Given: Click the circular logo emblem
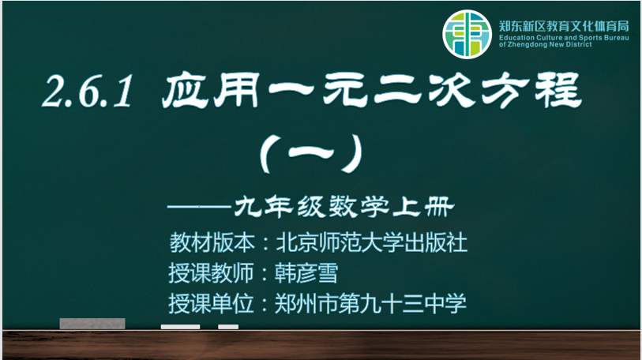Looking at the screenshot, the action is pos(467,35).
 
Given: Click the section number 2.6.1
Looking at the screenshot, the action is pos(88,92).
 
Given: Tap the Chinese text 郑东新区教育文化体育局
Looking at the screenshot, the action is pos(564,27).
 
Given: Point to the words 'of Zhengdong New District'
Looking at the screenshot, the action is pos(545,45).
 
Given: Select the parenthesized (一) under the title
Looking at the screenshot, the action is pos(312,153).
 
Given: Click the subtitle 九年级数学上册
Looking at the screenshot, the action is pos(344,206).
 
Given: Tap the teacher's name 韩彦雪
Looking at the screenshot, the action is pos(306,273).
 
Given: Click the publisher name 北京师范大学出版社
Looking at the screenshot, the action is pos(371,243).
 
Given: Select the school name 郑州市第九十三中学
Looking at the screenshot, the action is pos(370,303).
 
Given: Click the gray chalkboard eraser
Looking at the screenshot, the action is pos(92,324).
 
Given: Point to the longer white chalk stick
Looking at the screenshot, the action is pos(181,327).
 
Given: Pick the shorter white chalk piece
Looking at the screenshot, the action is pos(228,327).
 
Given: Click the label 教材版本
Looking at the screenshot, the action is pos(212,243).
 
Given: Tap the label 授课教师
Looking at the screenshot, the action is pos(212,273).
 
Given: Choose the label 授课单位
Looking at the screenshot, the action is pos(212,303).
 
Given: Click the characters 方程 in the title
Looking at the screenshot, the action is pos(531,90).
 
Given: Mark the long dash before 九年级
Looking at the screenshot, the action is pos(200,207).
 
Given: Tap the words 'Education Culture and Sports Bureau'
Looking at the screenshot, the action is pos(564,38).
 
